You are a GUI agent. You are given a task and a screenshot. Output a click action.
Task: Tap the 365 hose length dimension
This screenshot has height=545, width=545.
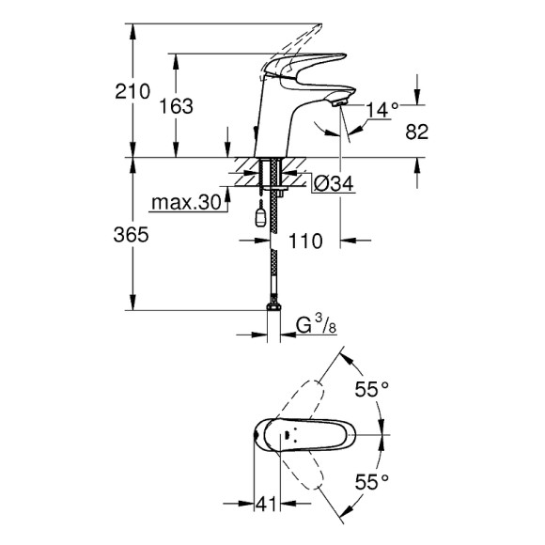click(132, 236)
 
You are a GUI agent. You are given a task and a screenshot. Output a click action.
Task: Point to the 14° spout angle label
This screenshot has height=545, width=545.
click(383, 111)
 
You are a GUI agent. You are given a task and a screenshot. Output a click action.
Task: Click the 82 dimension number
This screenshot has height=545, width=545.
click(417, 132)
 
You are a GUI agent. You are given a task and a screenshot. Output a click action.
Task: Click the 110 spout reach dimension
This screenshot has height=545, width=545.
click(307, 241)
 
